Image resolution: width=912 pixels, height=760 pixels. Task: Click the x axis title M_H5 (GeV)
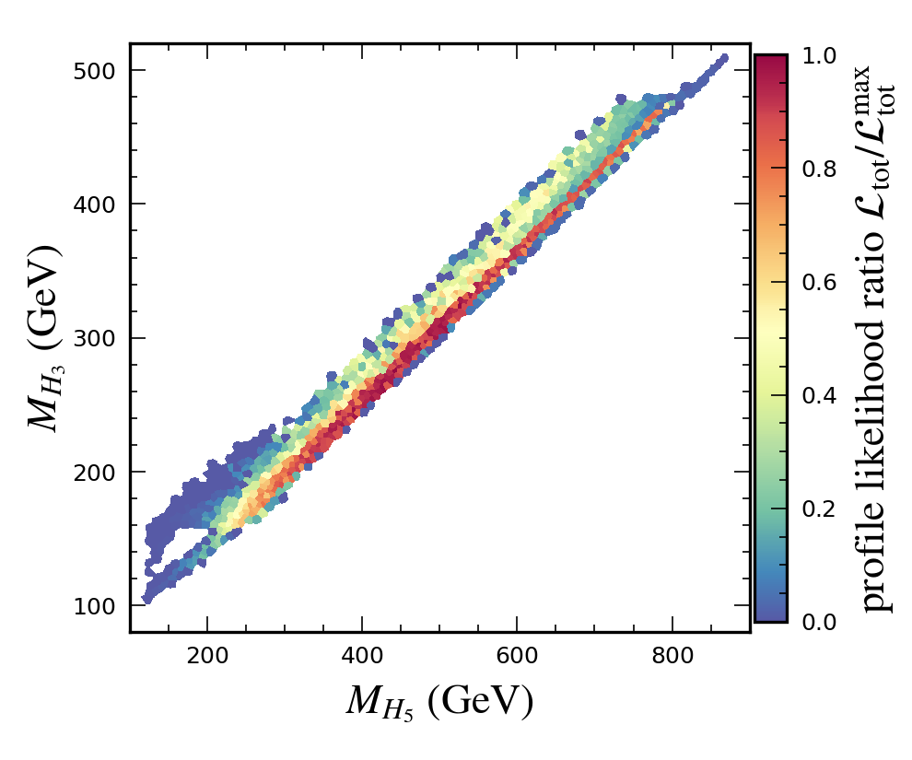439,702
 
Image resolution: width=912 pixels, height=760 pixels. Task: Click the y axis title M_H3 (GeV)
43,337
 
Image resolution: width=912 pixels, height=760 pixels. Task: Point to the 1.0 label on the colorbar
818,55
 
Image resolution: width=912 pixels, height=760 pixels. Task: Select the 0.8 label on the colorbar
818,169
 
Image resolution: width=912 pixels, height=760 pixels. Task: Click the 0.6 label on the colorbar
818,282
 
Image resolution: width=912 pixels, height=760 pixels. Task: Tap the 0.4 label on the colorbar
818,395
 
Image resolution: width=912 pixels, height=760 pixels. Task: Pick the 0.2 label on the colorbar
818,509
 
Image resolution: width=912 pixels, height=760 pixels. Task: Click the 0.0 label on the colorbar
818,622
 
